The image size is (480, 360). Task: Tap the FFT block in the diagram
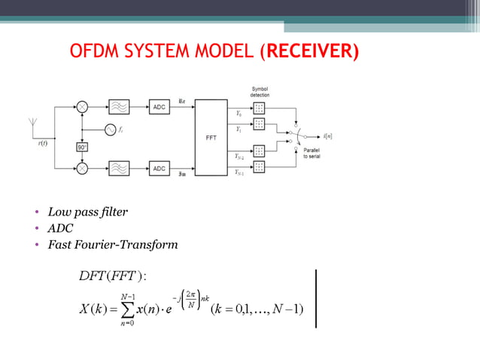(211, 138)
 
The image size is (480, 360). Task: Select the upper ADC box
(159, 108)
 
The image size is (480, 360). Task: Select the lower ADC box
(159, 169)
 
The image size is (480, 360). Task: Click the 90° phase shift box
(81, 148)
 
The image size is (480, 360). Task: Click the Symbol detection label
(260, 93)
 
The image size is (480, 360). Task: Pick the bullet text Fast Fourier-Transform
(113, 244)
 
